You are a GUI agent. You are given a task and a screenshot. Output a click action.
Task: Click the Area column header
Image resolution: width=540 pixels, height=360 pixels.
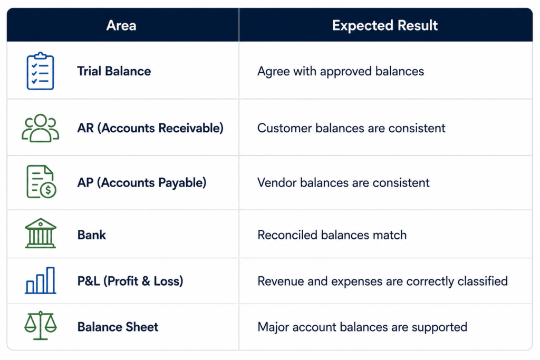coord(121,25)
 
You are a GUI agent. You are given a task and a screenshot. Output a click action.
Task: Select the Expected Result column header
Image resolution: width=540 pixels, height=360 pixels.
coord(384,25)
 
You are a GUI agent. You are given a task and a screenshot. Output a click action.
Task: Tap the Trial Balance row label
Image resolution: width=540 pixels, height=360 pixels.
coord(114,71)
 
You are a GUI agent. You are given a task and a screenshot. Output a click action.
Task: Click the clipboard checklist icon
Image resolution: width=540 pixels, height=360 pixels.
coord(40,71)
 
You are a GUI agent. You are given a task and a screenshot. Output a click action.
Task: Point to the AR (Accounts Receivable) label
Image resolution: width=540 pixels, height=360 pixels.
coord(150,128)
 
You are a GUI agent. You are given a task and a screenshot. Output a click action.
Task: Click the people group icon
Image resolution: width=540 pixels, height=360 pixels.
coord(40,128)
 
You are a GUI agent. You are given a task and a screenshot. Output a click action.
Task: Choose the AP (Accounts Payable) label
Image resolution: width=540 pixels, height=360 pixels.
coord(141,182)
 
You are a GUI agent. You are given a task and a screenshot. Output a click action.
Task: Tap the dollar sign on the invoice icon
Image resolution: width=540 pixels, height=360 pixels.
coord(48,190)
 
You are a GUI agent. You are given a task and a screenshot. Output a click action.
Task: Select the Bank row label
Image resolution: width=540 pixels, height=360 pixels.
coord(92,235)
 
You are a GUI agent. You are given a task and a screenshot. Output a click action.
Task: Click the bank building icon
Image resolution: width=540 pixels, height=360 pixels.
coord(40,233)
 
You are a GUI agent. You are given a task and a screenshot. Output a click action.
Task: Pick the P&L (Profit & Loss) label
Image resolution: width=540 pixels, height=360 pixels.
coord(130,281)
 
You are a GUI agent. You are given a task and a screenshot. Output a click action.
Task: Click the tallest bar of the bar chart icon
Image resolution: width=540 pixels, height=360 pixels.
coord(51,280)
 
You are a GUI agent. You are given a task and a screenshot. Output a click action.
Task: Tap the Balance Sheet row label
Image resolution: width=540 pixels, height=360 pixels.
coord(118,327)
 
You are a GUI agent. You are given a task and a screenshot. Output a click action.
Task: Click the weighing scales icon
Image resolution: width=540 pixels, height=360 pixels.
coord(40,325)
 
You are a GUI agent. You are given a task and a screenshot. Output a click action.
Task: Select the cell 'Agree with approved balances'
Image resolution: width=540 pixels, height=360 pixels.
coord(341,71)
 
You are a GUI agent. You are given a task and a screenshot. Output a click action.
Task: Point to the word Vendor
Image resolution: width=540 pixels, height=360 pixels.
coord(277,182)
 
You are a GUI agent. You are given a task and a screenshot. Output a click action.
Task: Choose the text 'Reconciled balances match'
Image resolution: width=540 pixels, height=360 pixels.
coord(332,235)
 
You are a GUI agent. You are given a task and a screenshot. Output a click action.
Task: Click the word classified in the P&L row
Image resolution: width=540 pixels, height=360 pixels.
coord(483,281)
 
